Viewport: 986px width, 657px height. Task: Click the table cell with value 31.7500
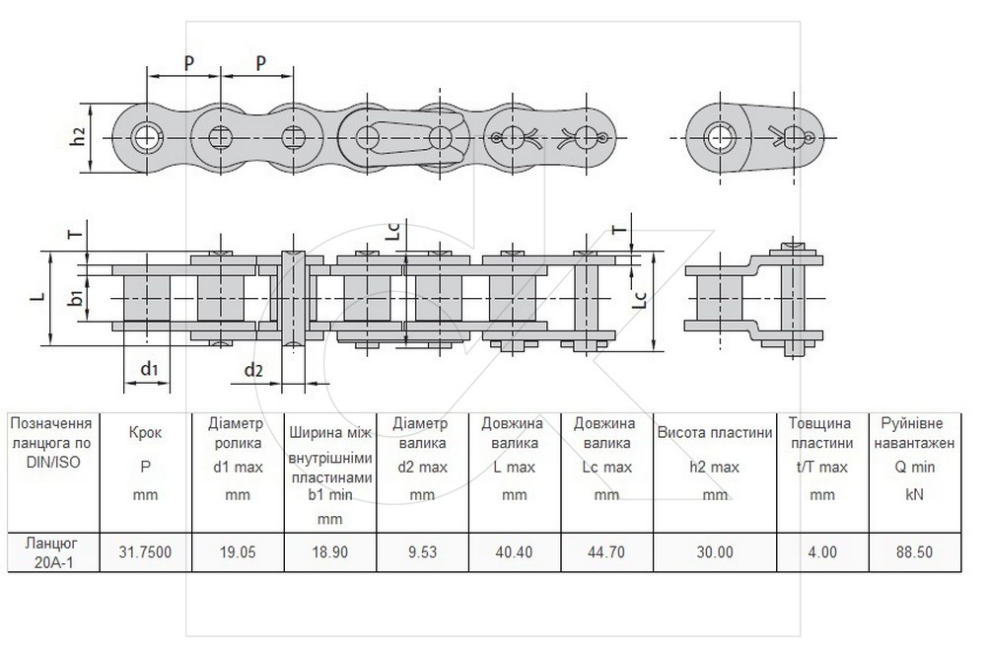[145, 551]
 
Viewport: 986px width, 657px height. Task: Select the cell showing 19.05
[238, 551]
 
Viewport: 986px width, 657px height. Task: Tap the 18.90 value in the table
[329, 551]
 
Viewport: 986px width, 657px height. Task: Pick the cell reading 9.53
[422, 551]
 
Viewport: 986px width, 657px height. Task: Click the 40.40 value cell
[514, 551]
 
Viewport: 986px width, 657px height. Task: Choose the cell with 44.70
[606, 551]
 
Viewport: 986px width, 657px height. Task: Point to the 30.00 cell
[715, 551]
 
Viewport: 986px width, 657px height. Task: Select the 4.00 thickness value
[822, 551]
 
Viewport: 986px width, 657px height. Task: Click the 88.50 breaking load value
[914, 551]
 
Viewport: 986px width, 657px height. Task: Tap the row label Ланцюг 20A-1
[53, 551]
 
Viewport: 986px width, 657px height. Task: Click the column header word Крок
[145, 433]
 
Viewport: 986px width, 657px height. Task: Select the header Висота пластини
[715, 432]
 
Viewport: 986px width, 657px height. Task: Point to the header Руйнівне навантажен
[914, 433]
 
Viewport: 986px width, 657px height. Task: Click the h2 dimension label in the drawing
[78, 136]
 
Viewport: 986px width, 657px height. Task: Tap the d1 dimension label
[149, 368]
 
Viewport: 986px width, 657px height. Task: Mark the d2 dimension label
[252, 370]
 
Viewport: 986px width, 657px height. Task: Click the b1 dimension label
[76, 297]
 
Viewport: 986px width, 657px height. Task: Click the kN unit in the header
[914, 494]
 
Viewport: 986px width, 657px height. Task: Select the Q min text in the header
[914, 468]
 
